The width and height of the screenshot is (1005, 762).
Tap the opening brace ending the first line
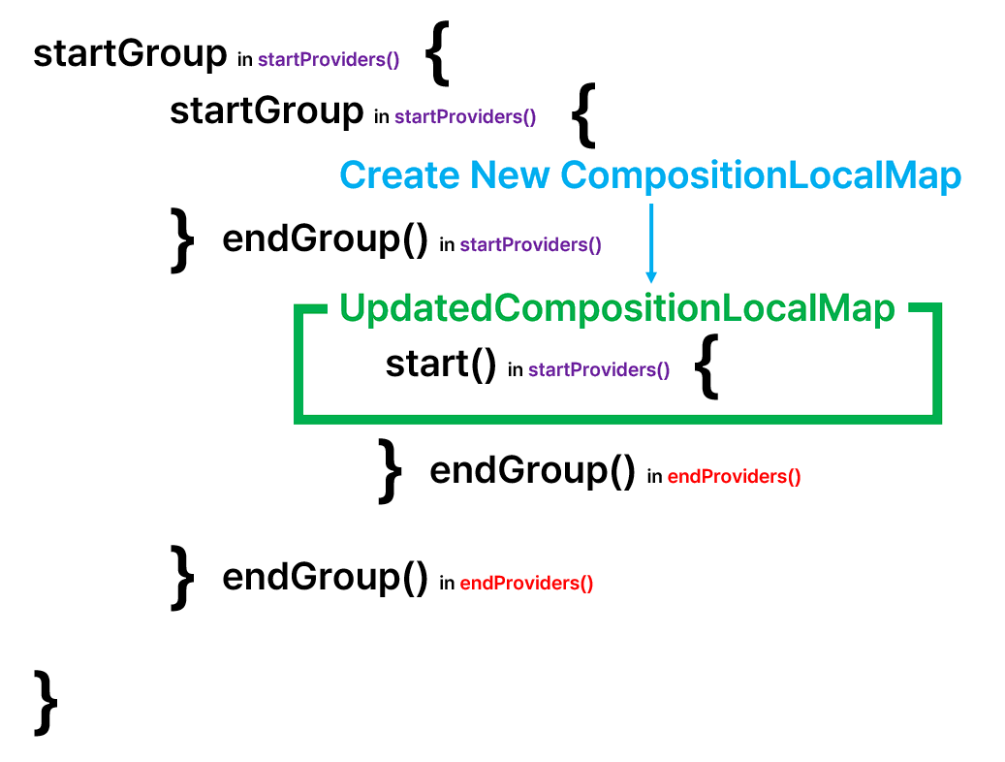pos(438,57)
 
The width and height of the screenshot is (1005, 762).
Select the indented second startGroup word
pos(267,111)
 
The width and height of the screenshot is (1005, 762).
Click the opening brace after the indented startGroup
pos(582,114)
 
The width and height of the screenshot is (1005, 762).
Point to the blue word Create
pos(399,175)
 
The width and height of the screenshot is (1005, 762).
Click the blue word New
pos(510,175)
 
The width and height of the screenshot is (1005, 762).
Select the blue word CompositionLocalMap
pos(761,175)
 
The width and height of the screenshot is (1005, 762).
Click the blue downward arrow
pos(651,242)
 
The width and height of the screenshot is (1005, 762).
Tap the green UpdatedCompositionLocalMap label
pos(616,308)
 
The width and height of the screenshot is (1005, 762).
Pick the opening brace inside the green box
pos(708,369)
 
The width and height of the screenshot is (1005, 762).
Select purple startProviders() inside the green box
pos(599,370)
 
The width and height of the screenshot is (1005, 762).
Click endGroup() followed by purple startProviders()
pos(325,238)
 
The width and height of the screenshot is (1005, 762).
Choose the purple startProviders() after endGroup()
pos(530,245)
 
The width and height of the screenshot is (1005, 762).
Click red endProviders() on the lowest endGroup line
pos(526,584)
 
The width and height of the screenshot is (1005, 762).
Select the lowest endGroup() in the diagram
pos(325,577)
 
